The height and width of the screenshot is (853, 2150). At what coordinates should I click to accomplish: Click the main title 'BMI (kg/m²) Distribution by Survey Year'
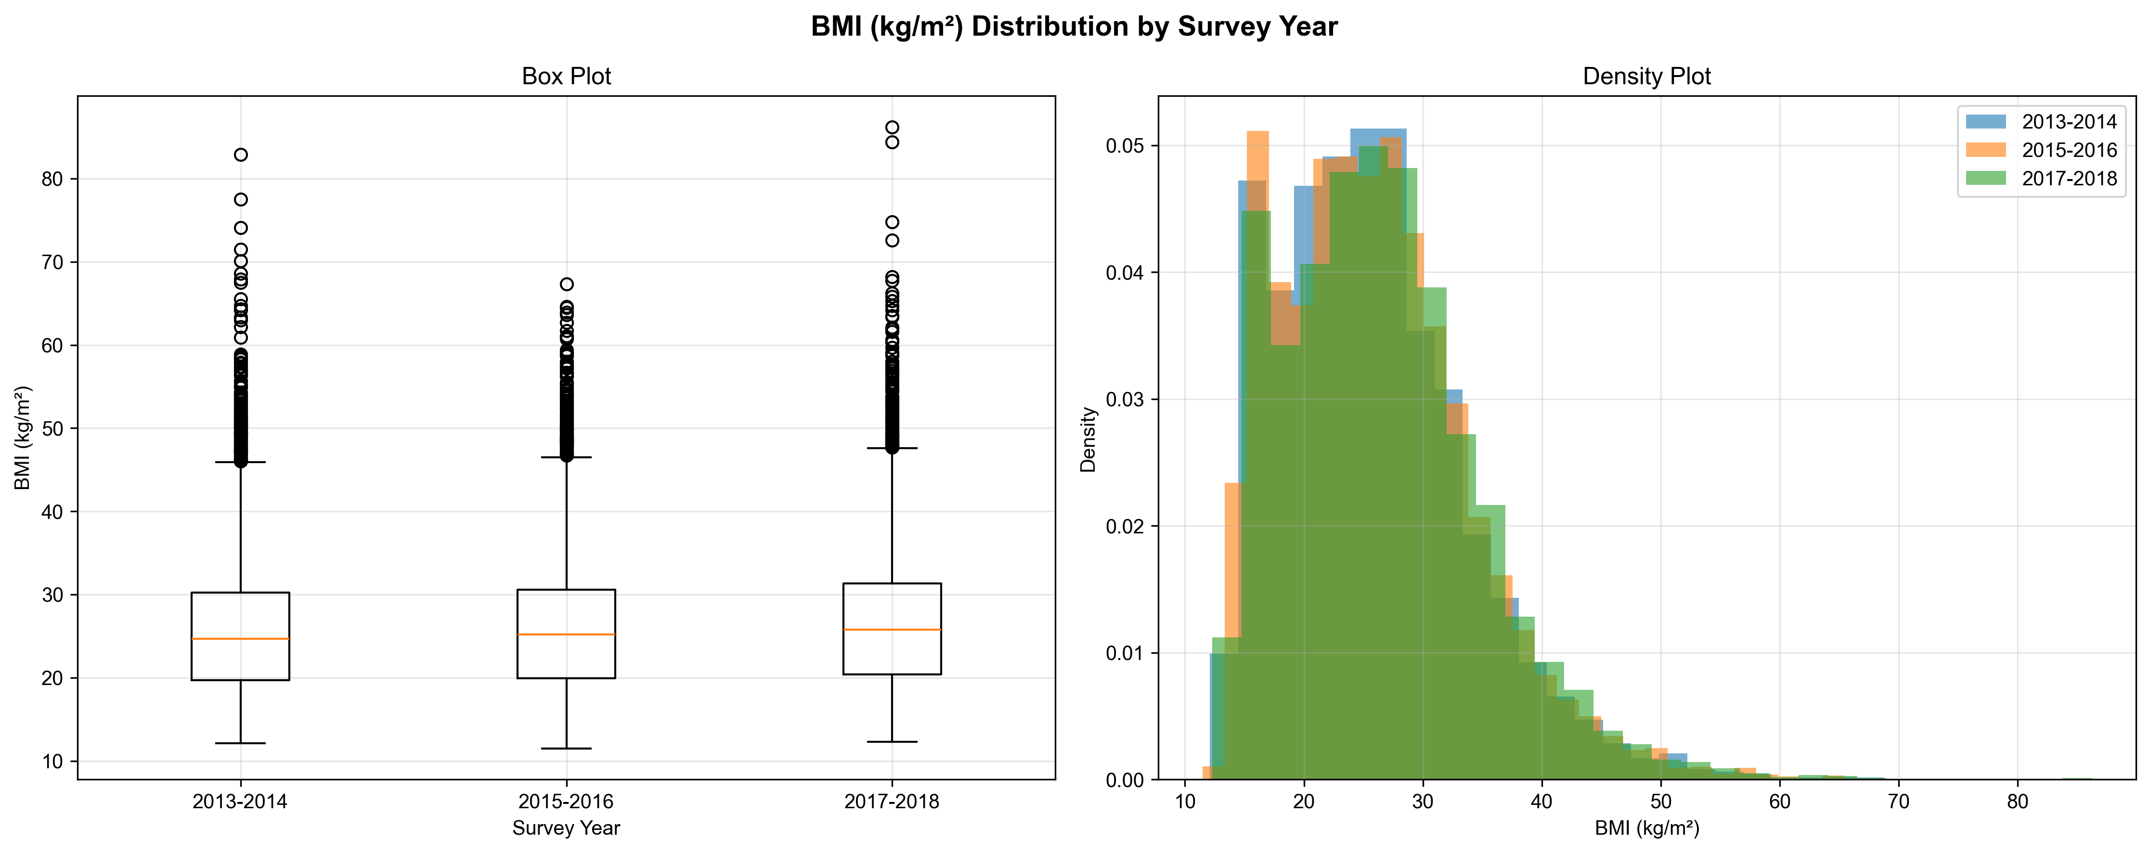click(1074, 26)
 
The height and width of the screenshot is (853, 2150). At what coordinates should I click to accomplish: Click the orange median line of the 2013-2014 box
click(240, 638)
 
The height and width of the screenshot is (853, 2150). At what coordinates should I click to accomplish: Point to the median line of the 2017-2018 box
click(892, 629)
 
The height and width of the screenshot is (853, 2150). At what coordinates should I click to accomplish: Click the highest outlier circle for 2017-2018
click(892, 128)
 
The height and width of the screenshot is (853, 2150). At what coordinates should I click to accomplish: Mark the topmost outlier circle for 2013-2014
click(240, 155)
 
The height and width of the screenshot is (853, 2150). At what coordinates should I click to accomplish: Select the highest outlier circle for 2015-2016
click(567, 284)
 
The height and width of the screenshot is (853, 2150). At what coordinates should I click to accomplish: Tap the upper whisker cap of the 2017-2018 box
click(892, 448)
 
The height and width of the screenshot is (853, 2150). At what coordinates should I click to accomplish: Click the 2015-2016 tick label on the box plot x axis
click(566, 802)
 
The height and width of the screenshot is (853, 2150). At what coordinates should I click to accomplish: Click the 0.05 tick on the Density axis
click(1126, 146)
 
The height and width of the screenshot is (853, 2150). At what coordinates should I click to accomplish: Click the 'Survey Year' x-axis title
click(566, 828)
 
